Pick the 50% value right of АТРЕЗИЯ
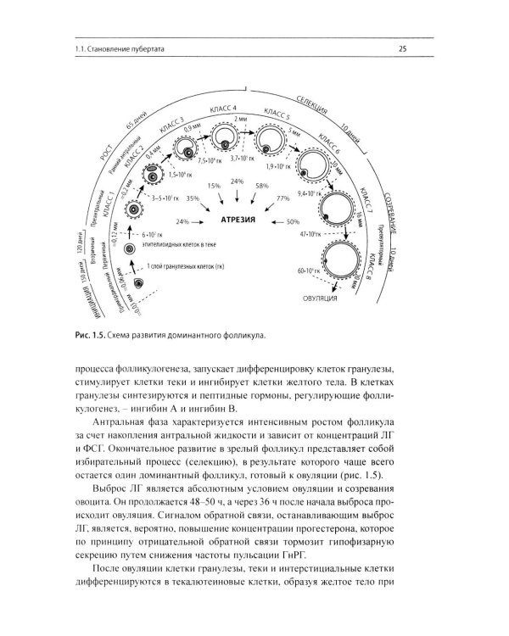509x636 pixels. pos(294,221)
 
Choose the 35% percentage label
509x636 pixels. pos(193,198)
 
